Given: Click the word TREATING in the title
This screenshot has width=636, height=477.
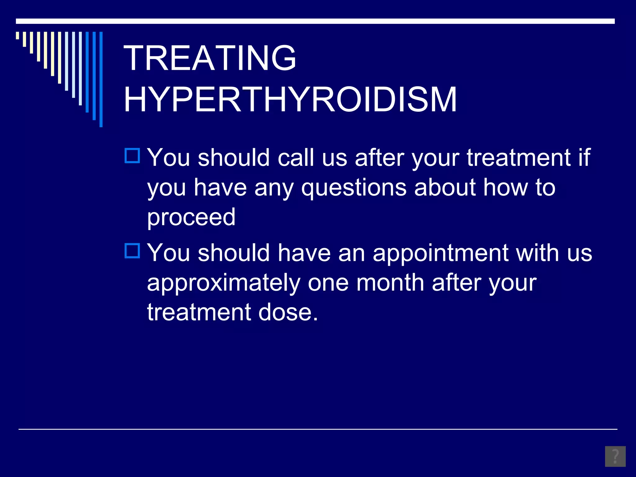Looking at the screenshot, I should point(210,58).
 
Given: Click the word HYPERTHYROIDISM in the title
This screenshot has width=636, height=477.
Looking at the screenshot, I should point(290,100).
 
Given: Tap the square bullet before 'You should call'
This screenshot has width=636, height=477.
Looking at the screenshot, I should point(132,156).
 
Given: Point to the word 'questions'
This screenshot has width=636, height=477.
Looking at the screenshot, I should point(354,188).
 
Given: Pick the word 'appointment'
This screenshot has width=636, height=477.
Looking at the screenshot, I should point(440,253).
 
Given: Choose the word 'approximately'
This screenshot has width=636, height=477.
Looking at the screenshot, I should point(224,283).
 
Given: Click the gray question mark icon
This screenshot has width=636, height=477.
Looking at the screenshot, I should point(615,456).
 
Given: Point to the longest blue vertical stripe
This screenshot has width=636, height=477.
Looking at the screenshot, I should point(101,79).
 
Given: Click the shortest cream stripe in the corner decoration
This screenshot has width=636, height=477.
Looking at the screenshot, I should point(18,35).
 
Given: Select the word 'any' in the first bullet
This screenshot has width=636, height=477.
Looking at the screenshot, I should point(274,189).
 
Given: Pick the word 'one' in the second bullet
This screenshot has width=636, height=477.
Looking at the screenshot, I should point(328,283).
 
